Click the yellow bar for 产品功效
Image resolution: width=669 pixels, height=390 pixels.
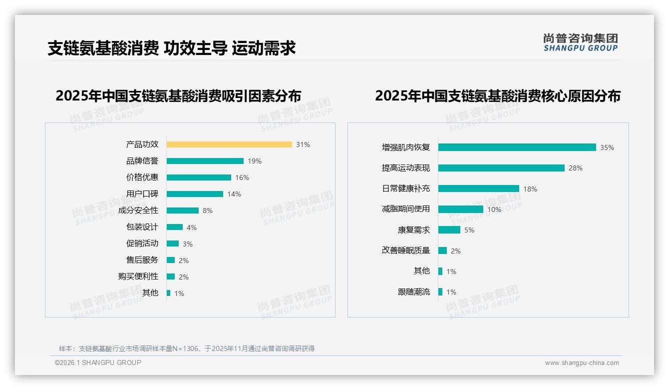click(229, 144)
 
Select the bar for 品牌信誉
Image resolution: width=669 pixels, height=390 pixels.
click(205, 161)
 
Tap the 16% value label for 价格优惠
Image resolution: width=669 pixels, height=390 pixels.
click(242, 177)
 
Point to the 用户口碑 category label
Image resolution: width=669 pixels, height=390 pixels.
click(142, 194)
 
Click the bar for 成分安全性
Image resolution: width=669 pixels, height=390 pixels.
click(182, 210)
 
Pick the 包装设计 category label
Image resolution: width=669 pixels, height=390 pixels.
click(142, 227)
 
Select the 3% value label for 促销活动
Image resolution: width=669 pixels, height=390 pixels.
click(187, 244)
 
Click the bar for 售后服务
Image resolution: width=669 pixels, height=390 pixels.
click(171, 260)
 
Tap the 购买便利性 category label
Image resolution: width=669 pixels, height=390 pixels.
click(138, 276)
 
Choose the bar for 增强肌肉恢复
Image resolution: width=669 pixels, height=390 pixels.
click(517, 147)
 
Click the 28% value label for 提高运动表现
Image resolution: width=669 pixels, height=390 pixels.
click(575, 168)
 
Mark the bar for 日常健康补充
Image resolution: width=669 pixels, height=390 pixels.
click(478, 188)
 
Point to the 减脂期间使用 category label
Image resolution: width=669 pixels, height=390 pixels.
click(405, 209)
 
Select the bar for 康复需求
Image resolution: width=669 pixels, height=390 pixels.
click(449, 230)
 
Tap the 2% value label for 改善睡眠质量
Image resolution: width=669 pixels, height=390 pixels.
click(455, 251)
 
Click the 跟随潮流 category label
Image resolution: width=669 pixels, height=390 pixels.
click(413, 292)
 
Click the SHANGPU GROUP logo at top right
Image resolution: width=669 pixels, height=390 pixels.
click(580, 42)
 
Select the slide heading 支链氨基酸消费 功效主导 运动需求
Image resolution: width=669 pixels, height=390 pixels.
click(171, 48)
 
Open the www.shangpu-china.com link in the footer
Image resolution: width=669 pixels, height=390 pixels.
click(582, 363)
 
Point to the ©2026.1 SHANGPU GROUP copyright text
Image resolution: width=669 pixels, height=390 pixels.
click(98, 362)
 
